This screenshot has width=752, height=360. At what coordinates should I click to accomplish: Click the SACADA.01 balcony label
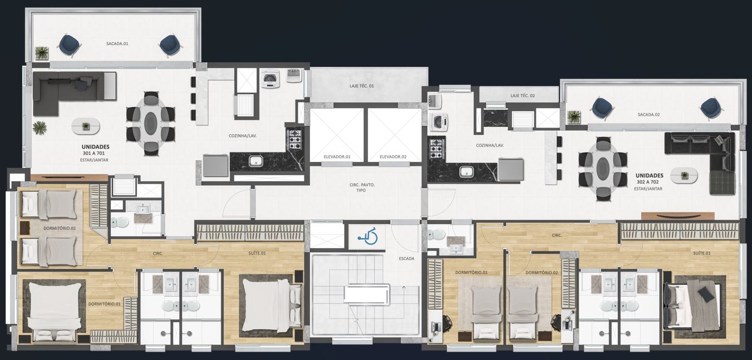117,43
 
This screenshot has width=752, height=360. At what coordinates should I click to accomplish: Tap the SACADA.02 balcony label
648,115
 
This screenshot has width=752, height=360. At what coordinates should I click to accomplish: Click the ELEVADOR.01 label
337,157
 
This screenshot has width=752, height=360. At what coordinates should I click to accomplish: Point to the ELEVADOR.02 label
393,157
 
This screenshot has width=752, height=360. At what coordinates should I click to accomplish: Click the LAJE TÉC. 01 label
362,86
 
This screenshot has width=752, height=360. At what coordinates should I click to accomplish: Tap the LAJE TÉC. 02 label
522,96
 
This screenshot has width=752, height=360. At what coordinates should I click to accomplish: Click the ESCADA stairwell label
406,259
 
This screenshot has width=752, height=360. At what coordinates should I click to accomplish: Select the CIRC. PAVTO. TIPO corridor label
362,188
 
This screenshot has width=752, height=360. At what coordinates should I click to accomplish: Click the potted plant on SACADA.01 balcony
42,53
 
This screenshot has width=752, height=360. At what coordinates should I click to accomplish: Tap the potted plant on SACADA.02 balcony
574,117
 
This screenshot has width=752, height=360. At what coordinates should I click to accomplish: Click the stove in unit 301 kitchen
295,140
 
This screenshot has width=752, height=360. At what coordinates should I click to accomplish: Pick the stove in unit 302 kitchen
437,149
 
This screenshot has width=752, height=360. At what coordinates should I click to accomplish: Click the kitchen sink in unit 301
256,161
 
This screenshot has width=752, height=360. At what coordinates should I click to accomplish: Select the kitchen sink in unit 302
466,172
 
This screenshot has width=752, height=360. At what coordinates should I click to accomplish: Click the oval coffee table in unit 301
86,126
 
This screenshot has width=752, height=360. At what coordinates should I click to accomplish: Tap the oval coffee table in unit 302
684,175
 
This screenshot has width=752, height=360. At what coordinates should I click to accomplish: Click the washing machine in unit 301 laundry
271,79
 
